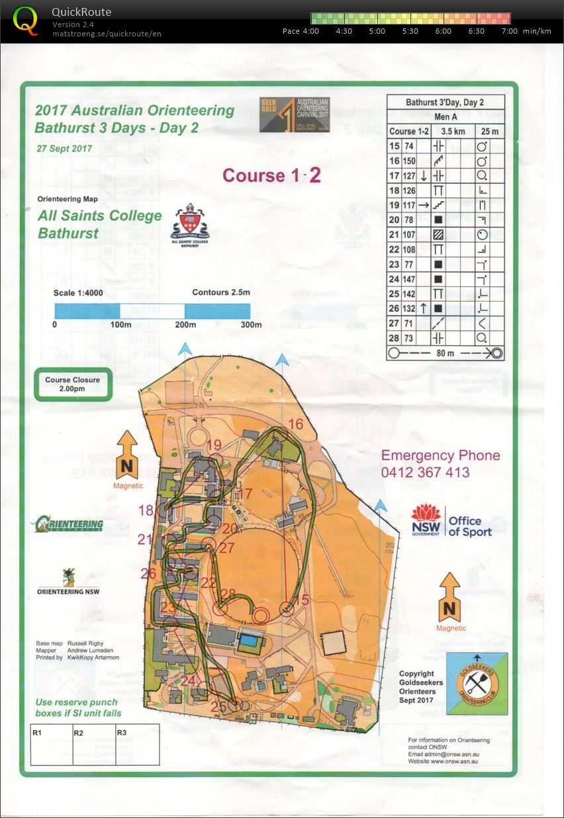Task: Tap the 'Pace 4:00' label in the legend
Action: tap(301, 31)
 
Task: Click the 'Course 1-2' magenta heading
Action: tap(271, 175)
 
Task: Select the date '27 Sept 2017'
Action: tap(64, 148)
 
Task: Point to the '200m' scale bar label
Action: tap(185, 325)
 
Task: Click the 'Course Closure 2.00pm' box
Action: tap(73, 384)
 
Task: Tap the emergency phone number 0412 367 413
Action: tap(425, 473)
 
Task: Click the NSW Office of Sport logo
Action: tap(451, 521)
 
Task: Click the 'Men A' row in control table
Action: tap(446, 116)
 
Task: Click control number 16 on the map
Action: tap(296, 424)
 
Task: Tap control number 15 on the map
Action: tap(302, 600)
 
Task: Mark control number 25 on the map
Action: tap(218, 707)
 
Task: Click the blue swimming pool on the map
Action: tap(250, 640)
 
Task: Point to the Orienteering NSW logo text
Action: tap(68, 591)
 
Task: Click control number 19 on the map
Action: tap(214, 445)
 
